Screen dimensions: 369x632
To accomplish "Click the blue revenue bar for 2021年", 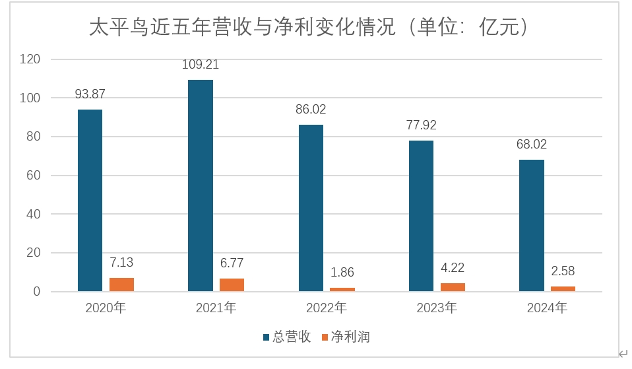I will tap(201, 185).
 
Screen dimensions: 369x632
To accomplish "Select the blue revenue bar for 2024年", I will tap(532, 224).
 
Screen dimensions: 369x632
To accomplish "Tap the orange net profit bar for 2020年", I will tap(121, 285).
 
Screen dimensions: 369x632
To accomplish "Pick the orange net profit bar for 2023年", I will tap(453, 287).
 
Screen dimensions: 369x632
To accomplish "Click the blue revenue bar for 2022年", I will tap(311, 207).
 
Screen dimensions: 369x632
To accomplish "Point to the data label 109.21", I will tap(201, 65).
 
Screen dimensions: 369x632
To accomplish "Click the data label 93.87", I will tap(90, 94).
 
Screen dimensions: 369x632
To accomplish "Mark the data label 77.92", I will tap(421, 125).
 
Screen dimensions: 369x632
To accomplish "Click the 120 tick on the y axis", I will tap(31, 59).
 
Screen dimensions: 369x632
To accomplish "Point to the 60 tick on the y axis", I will tap(34, 176).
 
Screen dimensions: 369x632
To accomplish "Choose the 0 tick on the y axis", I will tap(37, 292).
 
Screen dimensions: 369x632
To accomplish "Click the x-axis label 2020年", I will tap(106, 308).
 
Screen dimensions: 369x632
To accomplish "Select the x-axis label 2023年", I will tap(437, 308).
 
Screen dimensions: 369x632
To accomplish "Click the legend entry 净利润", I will tap(350, 337).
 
